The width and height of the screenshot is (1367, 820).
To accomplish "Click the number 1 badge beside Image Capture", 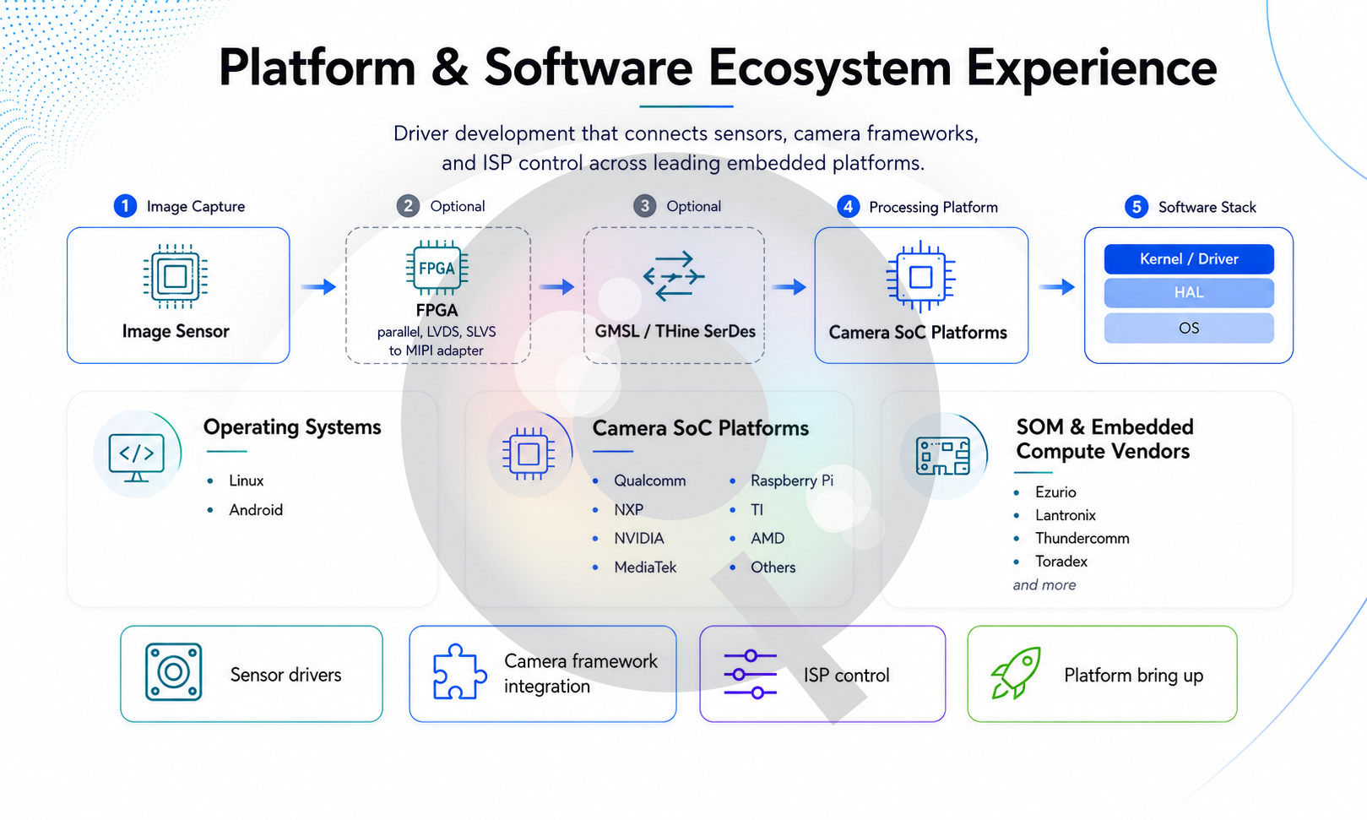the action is (x=125, y=206).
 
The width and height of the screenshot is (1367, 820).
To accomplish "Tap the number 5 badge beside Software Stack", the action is (x=1136, y=207).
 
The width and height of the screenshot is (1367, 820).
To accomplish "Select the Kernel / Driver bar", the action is (x=1189, y=259).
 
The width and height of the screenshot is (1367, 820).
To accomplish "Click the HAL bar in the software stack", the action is (x=1189, y=293).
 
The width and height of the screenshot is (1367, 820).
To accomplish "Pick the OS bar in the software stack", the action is (x=1189, y=329).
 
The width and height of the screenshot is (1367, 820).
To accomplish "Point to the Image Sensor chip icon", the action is (x=175, y=277).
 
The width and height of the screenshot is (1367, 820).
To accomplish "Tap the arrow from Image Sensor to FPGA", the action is (x=318, y=286).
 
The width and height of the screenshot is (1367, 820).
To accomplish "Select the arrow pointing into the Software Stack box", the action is (x=1057, y=286).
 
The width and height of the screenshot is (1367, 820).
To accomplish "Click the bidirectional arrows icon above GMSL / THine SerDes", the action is (x=674, y=276).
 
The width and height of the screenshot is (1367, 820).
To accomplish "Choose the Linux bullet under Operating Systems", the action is (x=246, y=481).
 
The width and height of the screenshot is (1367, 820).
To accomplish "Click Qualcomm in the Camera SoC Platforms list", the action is (x=649, y=481).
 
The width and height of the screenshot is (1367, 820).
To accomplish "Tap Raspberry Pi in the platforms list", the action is (x=791, y=481).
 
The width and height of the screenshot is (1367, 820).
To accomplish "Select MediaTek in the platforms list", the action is (x=645, y=567).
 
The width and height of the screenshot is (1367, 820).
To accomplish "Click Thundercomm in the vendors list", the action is (x=1082, y=538).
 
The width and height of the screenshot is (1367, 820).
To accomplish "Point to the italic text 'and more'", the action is (x=1044, y=585).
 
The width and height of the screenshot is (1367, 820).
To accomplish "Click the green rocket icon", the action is (x=1016, y=673).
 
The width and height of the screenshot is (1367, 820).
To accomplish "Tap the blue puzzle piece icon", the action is (x=459, y=671).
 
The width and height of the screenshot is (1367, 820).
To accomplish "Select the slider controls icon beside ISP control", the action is (x=750, y=674).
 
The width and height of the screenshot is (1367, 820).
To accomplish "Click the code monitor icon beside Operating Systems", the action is (x=136, y=458).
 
